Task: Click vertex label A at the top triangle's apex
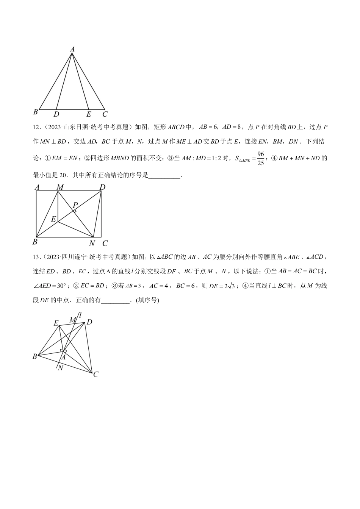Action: click(72, 48)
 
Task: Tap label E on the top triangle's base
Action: click(89, 114)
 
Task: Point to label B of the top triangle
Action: click(36, 112)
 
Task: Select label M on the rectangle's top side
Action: click(60, 187)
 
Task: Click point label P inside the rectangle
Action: click(75, 205)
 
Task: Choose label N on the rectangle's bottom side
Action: click(92, 244)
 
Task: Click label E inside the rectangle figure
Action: click(53, 219)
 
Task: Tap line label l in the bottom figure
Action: click(81, 314)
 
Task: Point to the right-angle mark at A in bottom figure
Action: click(63, 351)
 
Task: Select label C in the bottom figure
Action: click(96, 374)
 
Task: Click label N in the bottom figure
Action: click(60, 368)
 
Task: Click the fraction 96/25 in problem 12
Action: click(260, 158)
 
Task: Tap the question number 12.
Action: click(36, 128)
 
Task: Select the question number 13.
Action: click(36, 257)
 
